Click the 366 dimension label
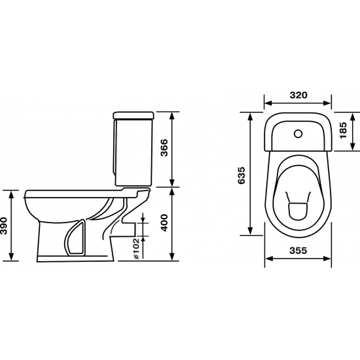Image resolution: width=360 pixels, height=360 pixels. pos(164,148)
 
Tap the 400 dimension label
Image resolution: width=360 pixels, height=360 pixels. pos(164,223)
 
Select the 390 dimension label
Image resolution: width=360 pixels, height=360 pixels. pos(4,226)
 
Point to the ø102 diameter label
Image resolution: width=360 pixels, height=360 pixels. pos(136,249)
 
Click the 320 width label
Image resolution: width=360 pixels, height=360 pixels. pos(298,95)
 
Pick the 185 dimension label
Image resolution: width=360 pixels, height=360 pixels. pos(343,130)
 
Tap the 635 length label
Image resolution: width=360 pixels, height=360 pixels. pos(242,175)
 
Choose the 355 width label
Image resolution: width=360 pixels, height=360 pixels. pos(298,250)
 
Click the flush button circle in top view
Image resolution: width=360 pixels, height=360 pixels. pos(298,134)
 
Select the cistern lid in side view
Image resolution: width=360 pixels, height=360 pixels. pos(134,115)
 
